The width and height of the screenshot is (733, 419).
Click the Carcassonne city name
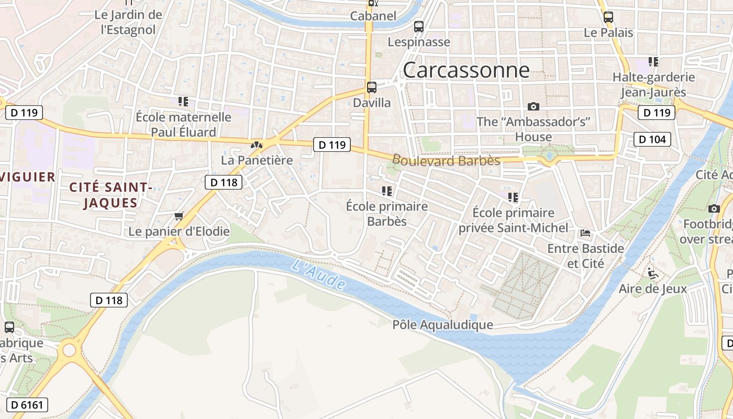click(466, 70)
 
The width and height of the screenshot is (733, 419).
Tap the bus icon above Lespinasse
click(419, 26)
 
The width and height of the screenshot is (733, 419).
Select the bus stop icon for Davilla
click(372, 87)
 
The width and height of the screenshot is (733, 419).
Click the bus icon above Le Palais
click(608, 17)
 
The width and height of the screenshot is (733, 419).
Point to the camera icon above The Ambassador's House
click(534, 106)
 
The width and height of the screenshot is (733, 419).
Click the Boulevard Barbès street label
click(446, 160)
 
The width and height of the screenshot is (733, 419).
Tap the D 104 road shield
click(652, 139)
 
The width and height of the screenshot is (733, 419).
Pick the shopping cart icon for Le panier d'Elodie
click(179, 216)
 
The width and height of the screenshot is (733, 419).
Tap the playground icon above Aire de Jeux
click(652, 273)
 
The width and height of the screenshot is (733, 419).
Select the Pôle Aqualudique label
click(443, 325)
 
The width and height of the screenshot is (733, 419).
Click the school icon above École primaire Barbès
click(387, 191)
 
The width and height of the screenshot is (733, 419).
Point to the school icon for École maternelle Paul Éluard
click(183, 101)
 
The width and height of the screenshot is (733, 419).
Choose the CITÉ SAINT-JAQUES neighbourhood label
click(110, 195)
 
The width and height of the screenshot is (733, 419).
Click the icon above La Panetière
click(257, 145)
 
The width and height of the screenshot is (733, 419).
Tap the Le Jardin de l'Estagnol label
click(128, 22)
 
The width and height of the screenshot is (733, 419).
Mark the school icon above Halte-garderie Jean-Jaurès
click(653, 62)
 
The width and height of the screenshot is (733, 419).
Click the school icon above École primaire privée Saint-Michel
click(513, 197)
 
